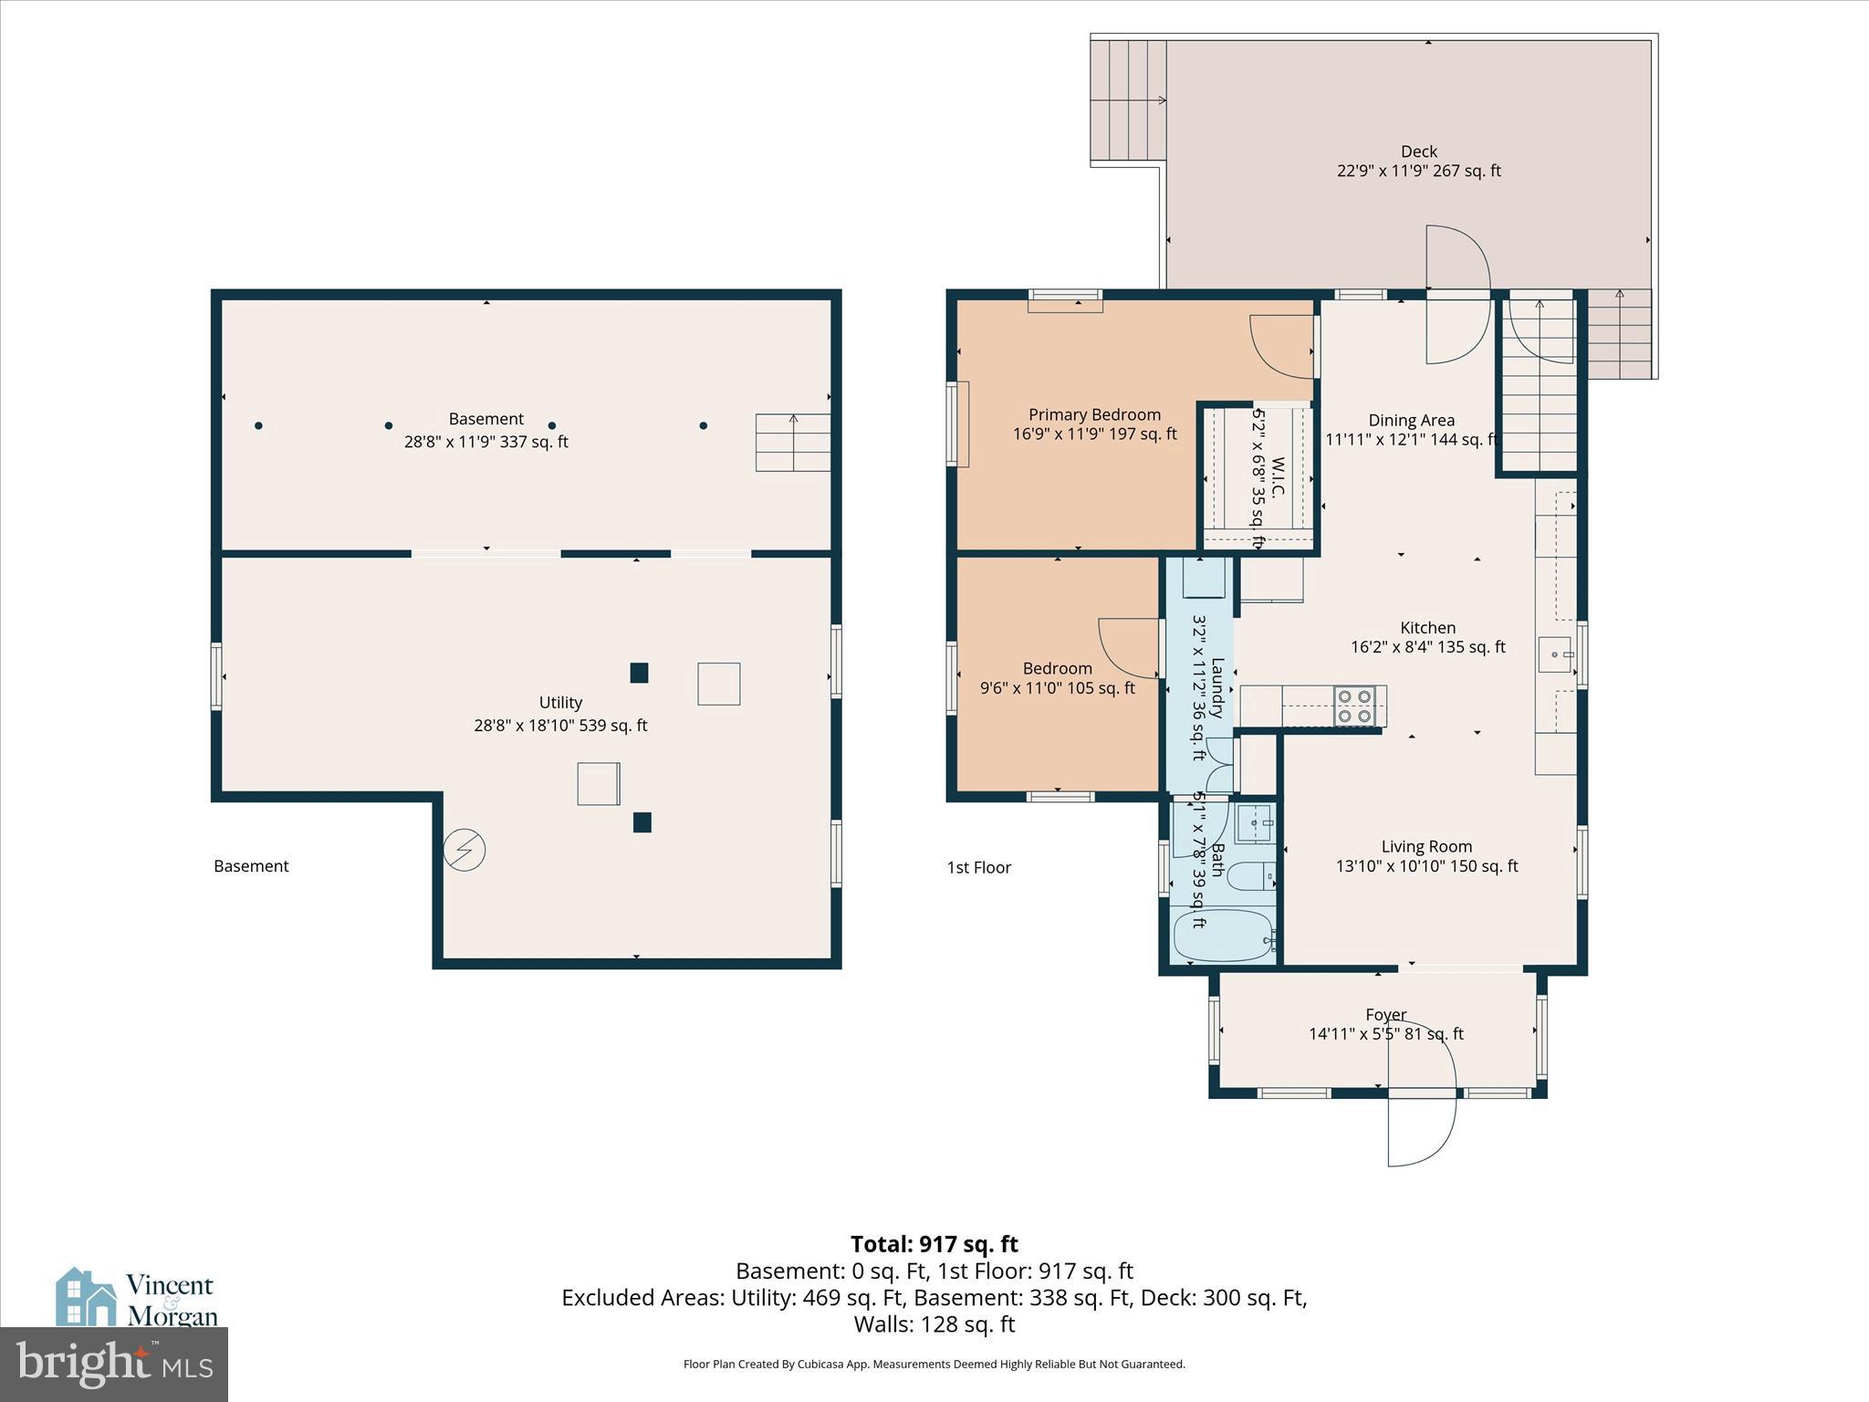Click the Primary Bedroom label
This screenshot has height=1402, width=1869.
[1094, 415]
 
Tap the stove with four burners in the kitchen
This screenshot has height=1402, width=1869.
[1353, 706]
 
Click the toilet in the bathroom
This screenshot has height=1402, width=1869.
[1249, 877]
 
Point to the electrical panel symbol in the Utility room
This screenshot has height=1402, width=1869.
[464, 850]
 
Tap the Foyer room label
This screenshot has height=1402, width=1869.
[1385, 1015]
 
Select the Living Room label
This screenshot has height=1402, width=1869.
[1426, 847]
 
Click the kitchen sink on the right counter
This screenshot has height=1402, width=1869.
[1555, 654]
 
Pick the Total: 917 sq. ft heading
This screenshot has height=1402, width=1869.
[934, 1244]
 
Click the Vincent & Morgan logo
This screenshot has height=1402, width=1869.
[137, 1299]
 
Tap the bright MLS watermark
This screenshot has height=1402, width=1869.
[113, 1364]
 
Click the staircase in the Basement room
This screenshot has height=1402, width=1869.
[792, 443]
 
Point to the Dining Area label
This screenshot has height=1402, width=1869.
[1411, 421]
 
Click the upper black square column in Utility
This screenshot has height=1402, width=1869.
[639, 673]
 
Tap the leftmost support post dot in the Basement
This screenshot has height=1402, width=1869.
[259, 425]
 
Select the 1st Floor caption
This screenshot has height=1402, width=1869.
[978, 867]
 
